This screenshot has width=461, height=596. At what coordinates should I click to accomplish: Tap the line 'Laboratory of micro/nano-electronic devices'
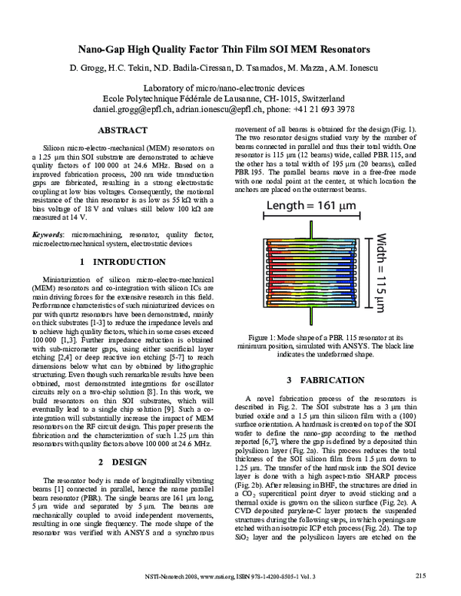230,88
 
